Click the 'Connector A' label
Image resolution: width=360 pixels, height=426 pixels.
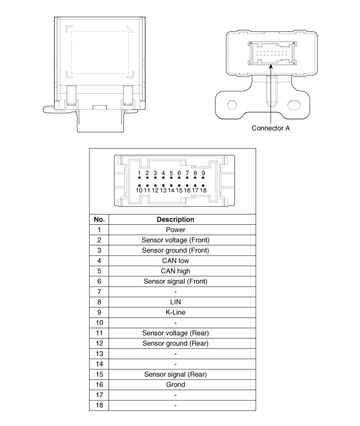click(x=271, y=128)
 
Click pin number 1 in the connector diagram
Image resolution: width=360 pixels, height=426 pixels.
click(x=139, y=173)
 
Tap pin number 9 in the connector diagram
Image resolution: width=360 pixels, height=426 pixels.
click(x=203, y=173)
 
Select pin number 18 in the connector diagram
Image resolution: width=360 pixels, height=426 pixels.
click(x=203, y=190)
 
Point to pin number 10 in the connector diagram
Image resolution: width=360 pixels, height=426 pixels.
click(x=139, y=190)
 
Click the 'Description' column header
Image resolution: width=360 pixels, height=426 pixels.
click(x=175, y=220)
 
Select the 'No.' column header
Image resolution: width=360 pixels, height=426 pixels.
click(x=99, y=220)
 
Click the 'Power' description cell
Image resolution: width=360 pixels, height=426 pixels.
click(x=175, y=230)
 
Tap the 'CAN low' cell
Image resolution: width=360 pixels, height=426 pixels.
click(x=175, y=261)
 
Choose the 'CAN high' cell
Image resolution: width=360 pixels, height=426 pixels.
click(x=175, y=271)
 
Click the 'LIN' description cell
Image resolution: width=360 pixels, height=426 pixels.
click(x=175, y=302)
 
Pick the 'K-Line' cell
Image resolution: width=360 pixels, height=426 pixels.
click(x=175, y=312)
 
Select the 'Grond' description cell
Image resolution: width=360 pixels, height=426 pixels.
click(x=175, y=385)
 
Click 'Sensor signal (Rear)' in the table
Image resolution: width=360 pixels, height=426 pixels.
click(x=175, y=375)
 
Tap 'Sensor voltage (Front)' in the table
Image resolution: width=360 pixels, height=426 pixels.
click(x=175, y=240)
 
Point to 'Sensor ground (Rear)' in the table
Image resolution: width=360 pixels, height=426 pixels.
click(x=175, y=343)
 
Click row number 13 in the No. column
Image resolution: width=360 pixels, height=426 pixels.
click(x=99, y=354)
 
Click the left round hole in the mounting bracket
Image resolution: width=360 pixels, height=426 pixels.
click(x=232, y=105)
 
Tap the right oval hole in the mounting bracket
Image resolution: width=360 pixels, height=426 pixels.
click(x=294, y=105)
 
